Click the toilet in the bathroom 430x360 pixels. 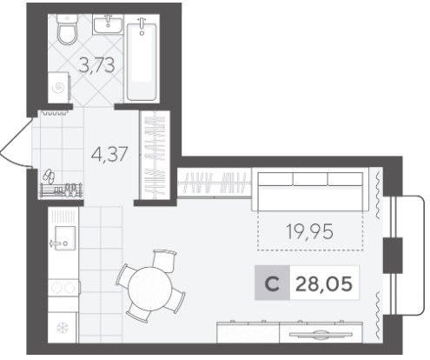67,30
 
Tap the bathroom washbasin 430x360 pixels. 108,24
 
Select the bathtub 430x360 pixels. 142,59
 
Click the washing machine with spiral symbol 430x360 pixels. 59,88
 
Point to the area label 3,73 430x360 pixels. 96,65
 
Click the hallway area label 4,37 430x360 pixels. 109,154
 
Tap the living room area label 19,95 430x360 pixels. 309,232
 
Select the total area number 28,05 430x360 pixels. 324,283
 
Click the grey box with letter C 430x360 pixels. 272,283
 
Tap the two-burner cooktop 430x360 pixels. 63,288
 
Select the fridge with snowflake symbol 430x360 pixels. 63,328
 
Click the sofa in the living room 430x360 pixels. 310,191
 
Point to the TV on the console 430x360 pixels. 321,335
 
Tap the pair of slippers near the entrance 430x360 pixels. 49,177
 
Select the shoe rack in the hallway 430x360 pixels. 61,190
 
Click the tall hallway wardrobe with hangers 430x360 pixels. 155,155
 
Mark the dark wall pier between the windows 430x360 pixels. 393,256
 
